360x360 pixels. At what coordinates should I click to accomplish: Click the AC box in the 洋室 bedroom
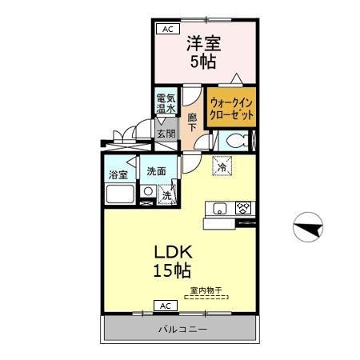coord(168,29)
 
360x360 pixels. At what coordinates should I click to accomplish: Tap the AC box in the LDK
coord(166,306)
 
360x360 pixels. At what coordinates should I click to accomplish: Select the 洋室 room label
coord(204,43)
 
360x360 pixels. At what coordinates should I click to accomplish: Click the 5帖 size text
coord(203,62)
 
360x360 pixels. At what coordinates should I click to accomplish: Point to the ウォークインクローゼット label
coord(231,109)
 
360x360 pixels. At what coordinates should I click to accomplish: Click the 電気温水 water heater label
coord(166,103)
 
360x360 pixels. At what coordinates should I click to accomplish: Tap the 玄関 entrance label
coord(166,134)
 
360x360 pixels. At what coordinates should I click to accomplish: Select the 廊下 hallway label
coord(192,122)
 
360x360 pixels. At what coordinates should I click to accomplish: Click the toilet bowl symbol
coord(234,140)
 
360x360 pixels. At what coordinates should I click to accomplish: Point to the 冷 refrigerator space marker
coord(222,166)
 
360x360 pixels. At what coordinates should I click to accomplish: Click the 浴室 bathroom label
coord(118,175)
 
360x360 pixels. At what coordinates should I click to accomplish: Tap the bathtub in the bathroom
coord(120,194)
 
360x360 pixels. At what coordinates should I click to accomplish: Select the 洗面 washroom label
coord(156,171)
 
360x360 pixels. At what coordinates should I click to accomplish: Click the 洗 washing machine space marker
coord(166,195)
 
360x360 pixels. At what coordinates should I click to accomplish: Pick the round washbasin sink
coord(148,191)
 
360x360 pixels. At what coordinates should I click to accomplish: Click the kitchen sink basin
coord(220,209)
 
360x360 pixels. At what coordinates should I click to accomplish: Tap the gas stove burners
coord(243,208)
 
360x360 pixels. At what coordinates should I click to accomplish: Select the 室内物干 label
coord(206,290)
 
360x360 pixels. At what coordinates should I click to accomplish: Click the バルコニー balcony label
coord(183,330)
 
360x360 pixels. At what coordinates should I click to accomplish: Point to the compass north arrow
coord(308,227)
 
